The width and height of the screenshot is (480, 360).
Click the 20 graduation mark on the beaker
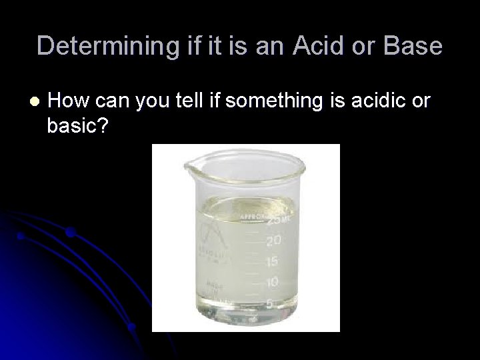coord(273,239)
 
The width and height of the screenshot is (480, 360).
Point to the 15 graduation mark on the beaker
coord(272,261)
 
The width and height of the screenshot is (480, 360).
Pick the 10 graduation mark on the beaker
coord(271,282)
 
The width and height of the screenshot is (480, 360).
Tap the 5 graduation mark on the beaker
coord(270,303)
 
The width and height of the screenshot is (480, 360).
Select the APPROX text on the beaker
coord(252,217)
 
